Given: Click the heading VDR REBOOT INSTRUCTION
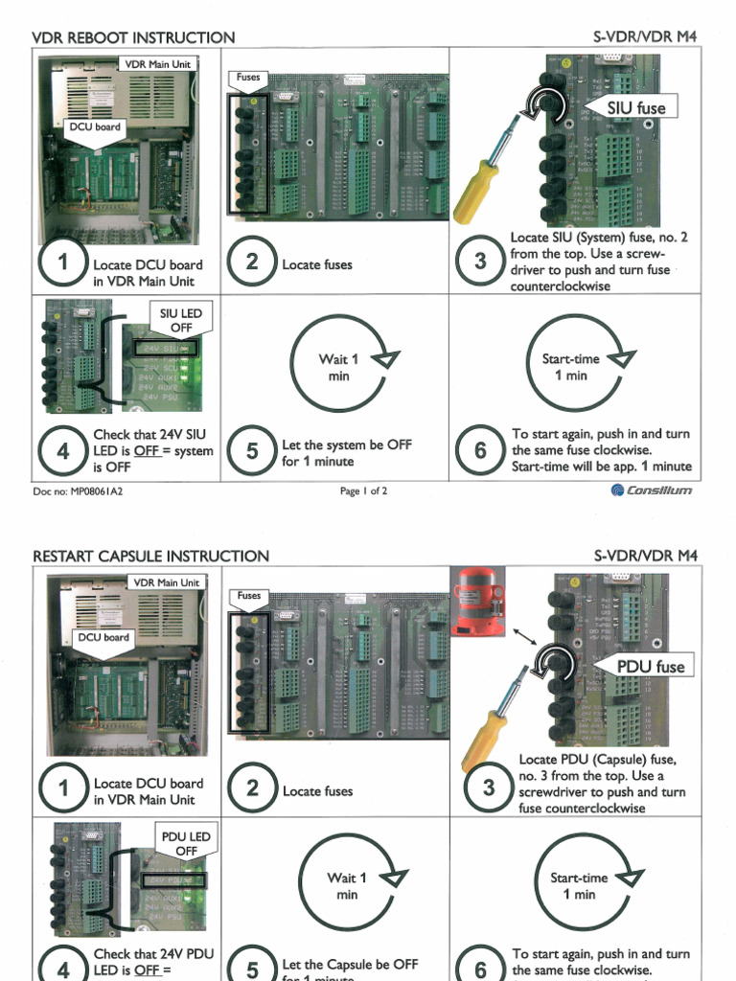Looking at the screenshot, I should (133, 37).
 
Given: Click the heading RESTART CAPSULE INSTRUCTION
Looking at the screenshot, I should (150, 556).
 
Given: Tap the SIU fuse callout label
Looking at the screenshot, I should (635, 108).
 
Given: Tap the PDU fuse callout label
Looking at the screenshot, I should (651, 666).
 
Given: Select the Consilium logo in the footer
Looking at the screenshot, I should (652, 490).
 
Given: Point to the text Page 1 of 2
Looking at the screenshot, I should (363, 491).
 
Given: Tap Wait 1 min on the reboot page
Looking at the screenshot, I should (338, 368).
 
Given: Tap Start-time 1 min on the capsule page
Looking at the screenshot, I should (578, 885).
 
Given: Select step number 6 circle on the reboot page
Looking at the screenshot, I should (480, 450).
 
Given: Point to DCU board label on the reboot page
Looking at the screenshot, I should (95, 126).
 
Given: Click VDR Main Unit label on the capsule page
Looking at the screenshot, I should (166, 582).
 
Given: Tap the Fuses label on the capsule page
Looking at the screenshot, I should (248, 596).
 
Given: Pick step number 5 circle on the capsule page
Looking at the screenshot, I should (252, 968).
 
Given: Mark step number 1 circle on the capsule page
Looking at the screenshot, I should (63, 789).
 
